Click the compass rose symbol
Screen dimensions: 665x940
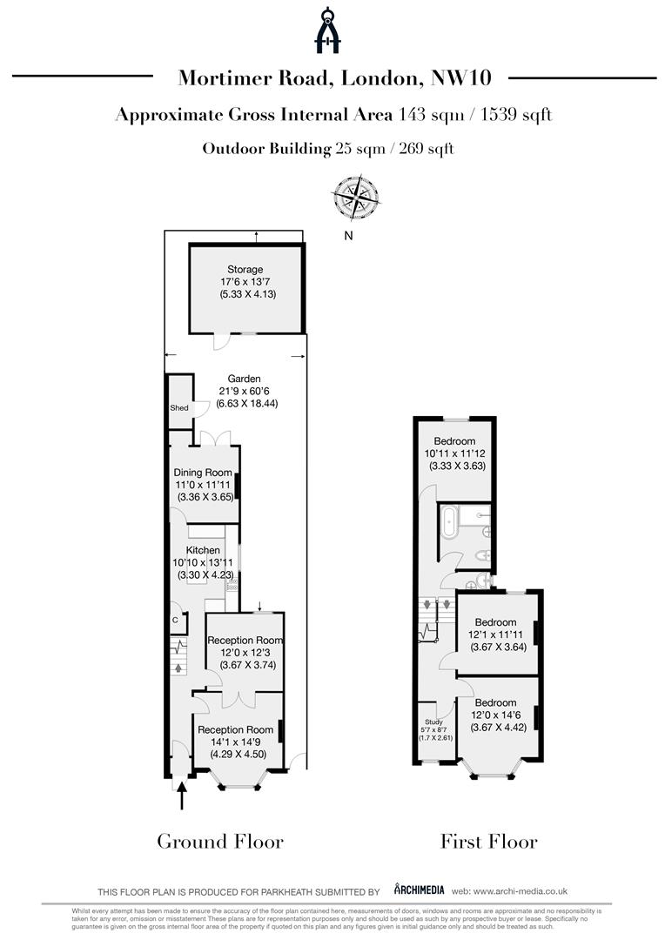(356, 197)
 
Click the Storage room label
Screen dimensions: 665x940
(245, 270)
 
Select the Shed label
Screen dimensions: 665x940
(178, 407)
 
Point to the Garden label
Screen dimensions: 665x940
(244, 379)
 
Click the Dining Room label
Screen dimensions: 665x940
(203, 473)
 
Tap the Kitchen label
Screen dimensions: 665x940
(203, 550)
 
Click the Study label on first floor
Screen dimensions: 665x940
(433, 722)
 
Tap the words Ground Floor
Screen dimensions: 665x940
(220, 841)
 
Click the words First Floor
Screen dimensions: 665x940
(488, 841)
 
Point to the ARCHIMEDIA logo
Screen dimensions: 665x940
(420, 890)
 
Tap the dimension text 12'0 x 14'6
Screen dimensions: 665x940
(496, 715)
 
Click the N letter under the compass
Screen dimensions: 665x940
(348, 236)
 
